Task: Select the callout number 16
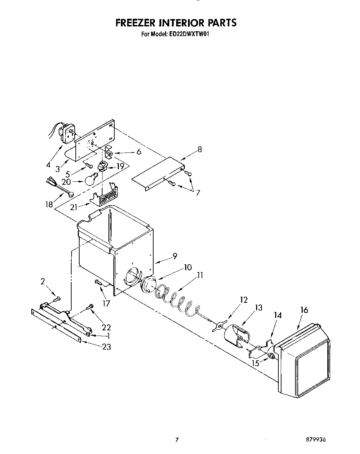304,310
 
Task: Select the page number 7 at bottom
177,440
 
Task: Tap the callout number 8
199,150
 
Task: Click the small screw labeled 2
57,298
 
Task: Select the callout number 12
244,299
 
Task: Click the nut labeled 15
272,356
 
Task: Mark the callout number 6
139,152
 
